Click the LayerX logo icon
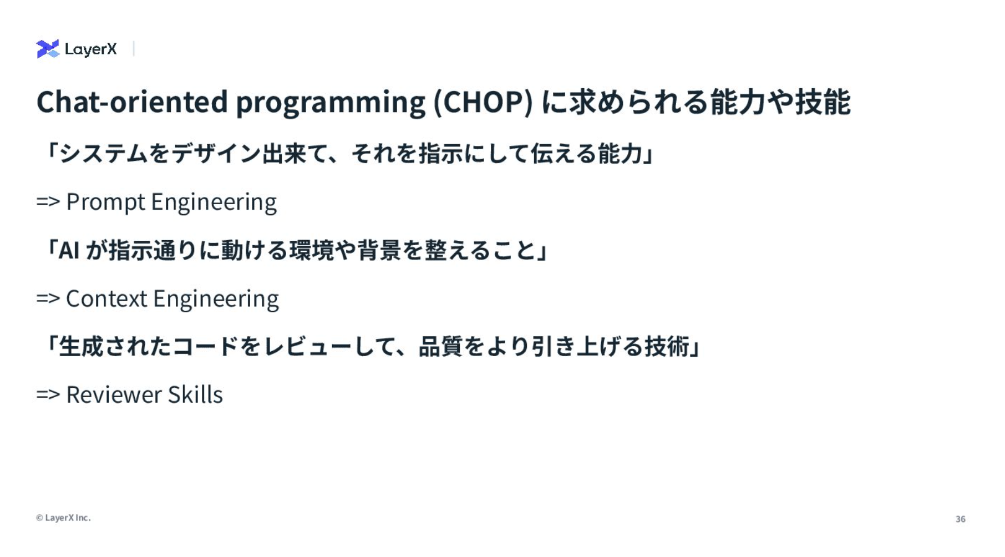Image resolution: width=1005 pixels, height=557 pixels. click(48, 49)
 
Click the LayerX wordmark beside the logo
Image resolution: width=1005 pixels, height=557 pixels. click(91, 49)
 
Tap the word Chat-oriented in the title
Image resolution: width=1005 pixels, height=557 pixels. click(132, 102)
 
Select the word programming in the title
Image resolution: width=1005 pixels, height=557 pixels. click(331, 104)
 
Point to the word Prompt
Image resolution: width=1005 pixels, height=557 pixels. click(106, 202)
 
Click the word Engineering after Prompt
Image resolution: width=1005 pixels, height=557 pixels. click(214, 202)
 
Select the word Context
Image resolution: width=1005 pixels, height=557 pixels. click(106, 298)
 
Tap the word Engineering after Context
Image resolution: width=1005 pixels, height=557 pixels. click(216, 300)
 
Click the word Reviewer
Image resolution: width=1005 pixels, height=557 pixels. click(114, 395)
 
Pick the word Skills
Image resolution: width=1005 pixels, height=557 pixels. click(195, 395)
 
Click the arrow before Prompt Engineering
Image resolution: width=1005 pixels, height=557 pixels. click(48, 201)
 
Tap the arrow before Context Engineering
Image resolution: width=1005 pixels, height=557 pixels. click(48, 298)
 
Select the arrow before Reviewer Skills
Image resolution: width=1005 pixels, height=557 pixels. click(48, 394)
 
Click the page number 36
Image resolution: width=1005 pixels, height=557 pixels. click(961, 519)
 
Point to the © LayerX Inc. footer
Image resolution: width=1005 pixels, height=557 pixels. click(63, 518)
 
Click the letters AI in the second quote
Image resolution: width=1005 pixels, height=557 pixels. click(69, 251)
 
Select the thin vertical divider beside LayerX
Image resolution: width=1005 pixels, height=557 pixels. click(134, 49)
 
